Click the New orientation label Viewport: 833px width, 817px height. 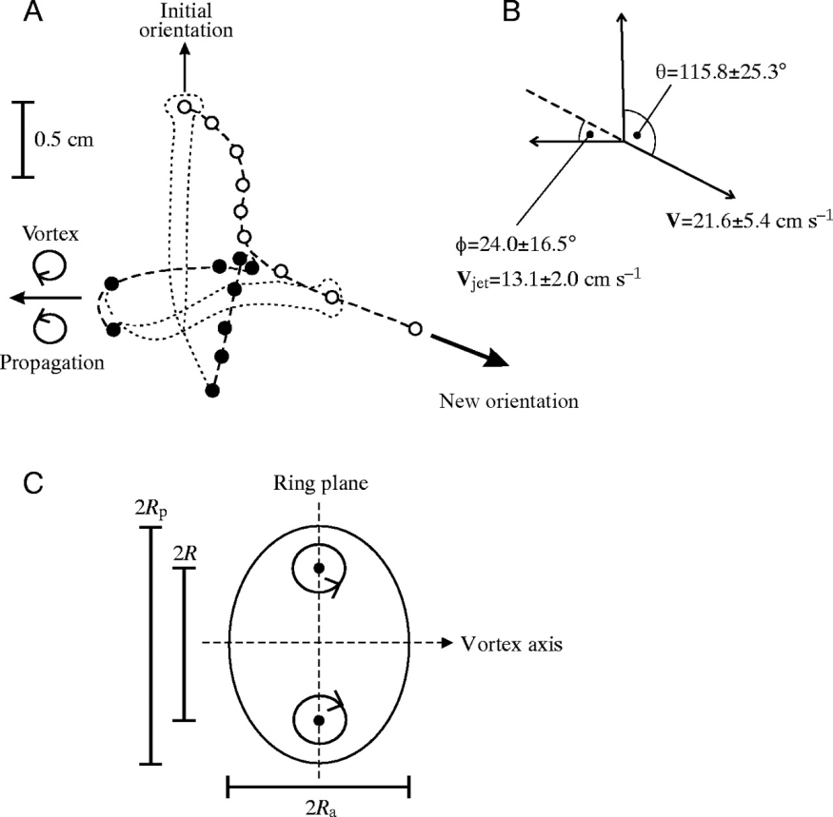[x=508, y=400]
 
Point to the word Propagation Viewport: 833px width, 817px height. [x=51, y=361]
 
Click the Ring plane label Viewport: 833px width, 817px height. [x=319, y=484]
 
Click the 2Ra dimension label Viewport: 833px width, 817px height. [x=318, y=809]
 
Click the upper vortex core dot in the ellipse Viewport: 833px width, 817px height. [x=319, y=569]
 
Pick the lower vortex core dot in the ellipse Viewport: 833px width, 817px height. [x=319, y=721]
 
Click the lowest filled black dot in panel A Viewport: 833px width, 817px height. [x=213, y=390]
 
